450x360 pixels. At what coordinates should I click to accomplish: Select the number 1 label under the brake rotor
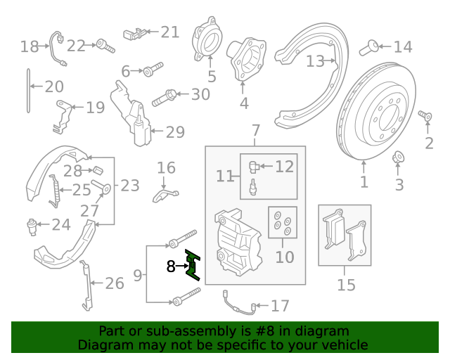pyautogui.click(x=364, y=184)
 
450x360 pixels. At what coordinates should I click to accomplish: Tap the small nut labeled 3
pyautogui.click(x=397, y=158)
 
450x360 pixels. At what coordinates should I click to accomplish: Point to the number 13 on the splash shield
pyautogui.click(x=315, y=61)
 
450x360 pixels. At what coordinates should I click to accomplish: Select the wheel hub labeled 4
pyautogui.click(x=246, y=60)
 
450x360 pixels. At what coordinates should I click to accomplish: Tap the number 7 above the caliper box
pyautogui.click(x=255, y=130)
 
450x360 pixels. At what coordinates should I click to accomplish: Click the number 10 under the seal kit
pyautogui.click(x=284, y=257)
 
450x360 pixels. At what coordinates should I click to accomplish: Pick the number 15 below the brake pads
pyautogui.click(x=346, y=285)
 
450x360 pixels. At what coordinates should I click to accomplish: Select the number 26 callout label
pyautogui.click(x=114, y=283)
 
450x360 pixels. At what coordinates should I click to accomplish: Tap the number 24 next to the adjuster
pyautogui.click(x=61, y=225)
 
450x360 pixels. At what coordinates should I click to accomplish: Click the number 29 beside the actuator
pyautogui.click(x=175, y=131)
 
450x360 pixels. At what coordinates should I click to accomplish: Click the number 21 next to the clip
pyautogui.click(x=170, y=32)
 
